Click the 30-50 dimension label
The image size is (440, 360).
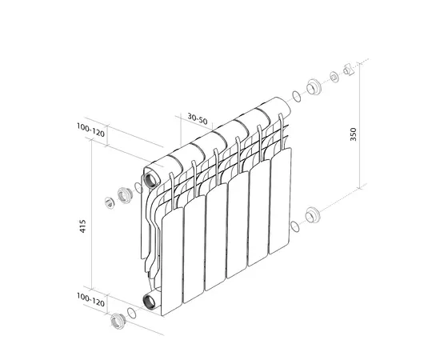(x=198, y=118)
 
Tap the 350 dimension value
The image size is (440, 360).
(x=354, y=134)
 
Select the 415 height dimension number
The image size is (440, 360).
(x=82, y=226)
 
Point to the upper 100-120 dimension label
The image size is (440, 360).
(x=90, y=130)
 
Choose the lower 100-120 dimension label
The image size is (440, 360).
(x=90, y=300)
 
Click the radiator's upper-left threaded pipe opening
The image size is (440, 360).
(x=151, y=180)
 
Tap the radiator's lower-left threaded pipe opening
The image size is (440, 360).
(x=150, y=302)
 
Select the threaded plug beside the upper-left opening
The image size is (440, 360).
(x=124, y=194)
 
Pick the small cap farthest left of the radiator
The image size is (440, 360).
(x=110, y=203)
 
